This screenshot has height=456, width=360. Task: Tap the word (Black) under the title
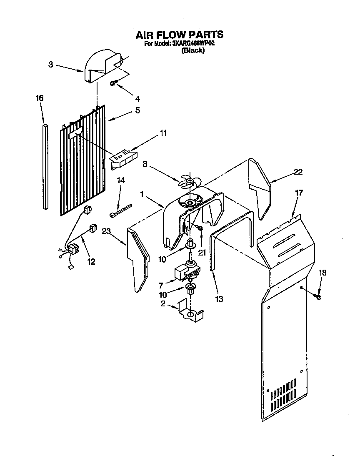click(192, 50)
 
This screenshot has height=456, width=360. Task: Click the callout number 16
click(40, 98)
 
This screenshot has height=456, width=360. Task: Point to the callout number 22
click(297, 172)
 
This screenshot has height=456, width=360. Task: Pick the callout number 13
click(220, 299)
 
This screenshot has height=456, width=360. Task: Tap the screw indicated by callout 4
click(113, 84)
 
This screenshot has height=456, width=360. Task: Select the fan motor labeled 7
click(186, 273)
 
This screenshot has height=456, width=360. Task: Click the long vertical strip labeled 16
click(45, 167)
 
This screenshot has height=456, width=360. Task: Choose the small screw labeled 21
click(200, 228)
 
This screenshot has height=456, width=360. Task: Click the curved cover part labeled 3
click(102, 67)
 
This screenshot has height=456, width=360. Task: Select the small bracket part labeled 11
click(124, 158)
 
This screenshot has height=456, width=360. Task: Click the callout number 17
click(299, 193)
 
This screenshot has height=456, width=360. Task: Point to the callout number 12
click(91, 262)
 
